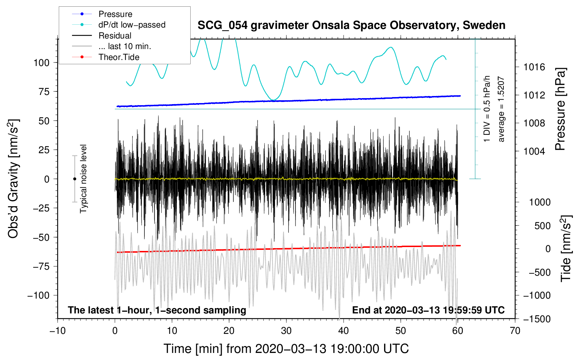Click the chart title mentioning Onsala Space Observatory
[351, 25]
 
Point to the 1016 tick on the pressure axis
[534, 67]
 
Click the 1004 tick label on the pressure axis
[534, 151]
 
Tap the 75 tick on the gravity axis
[44, 92]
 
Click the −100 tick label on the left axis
[38, 295]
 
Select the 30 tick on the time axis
[286, 331]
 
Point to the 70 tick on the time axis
[515, 331]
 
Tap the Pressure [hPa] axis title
[560, 109]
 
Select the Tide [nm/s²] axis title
[566, 248]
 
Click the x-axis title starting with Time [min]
[286, 349]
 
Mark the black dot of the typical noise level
[74, 179]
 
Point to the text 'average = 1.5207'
[501, 109]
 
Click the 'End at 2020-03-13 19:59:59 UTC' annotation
[428, 310]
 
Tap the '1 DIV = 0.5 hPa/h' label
[487, 109]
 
